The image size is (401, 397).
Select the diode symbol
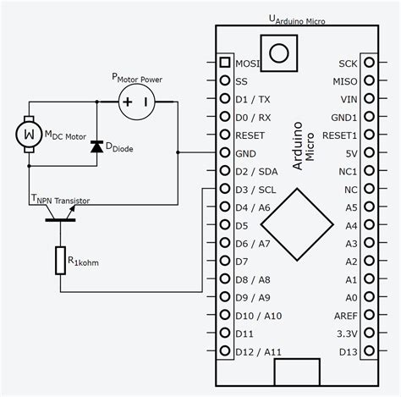coord(97,146)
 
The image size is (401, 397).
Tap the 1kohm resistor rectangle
coord(61,260)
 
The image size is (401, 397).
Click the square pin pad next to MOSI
coord(224,63)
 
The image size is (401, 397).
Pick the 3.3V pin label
coord(347,334)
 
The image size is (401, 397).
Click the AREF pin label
coord(346,316)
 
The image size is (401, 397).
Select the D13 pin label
coord(349,351)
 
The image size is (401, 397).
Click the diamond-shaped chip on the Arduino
coord(296,223)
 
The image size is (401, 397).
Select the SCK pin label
coord(349,63)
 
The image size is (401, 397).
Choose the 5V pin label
coord(350,153)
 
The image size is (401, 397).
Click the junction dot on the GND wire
coord(179,153)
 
